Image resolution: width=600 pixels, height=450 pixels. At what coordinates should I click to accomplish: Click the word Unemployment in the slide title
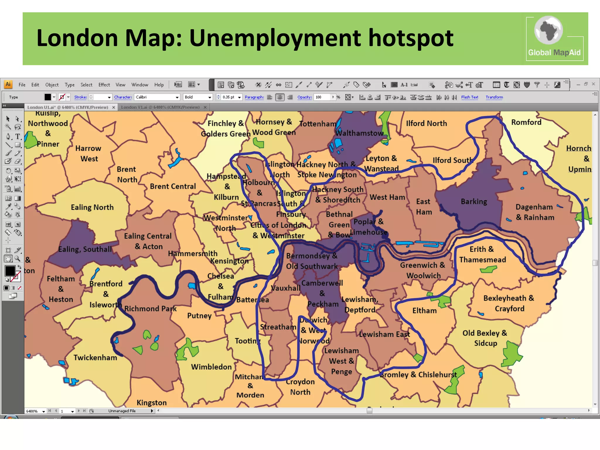tap(275, 38)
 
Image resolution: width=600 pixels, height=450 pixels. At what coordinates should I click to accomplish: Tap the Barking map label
tap(474, 202)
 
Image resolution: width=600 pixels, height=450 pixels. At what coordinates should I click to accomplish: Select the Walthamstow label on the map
tap(359, 133)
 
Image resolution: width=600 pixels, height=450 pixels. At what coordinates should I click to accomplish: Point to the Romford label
tap(526, 122)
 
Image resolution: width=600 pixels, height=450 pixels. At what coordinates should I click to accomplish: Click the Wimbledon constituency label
tap(211, 367)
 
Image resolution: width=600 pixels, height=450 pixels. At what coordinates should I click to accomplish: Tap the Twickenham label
tap(95, 358)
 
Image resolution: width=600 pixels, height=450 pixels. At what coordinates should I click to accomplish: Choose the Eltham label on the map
tap(425, 311)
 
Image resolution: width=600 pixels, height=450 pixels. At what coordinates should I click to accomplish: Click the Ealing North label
tap(92, 207)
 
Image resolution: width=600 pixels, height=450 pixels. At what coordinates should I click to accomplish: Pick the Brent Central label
tap(173, 186)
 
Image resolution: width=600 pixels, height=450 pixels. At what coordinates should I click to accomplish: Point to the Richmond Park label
tap(151, 309)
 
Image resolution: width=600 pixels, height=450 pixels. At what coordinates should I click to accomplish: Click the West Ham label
tap(387, 197)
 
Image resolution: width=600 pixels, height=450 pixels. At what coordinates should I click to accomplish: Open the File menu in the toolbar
tap(22, 85)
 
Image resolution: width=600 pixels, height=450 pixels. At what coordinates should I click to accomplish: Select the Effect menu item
tap(104, 85)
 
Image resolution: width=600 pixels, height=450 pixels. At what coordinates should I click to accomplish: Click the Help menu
tap(159, 85)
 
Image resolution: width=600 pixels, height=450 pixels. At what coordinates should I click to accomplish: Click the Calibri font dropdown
tap(157, 97)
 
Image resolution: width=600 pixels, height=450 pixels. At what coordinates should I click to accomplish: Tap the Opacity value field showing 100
tap(322, 97)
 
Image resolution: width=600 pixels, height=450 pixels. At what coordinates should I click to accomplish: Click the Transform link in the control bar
tap(494, 97)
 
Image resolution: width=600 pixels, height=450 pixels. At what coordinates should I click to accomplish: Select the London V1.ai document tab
tap(160, 108)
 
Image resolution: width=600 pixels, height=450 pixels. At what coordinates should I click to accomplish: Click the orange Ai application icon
tap(8, 85)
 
